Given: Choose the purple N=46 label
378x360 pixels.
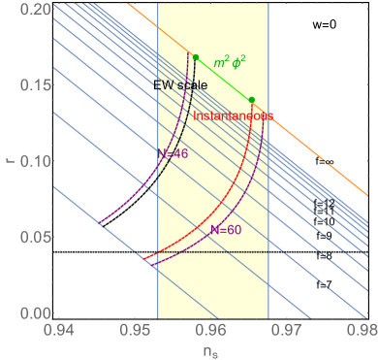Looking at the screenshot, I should click(x=172, y=152).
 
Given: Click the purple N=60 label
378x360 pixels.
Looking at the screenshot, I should click(x=227, y=230).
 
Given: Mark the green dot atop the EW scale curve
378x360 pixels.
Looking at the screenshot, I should click(x=196, y=57).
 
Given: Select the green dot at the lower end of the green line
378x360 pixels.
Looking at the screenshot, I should click(x=251, y=100).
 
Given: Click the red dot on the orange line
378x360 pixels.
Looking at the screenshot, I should click(x=270, y=115).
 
